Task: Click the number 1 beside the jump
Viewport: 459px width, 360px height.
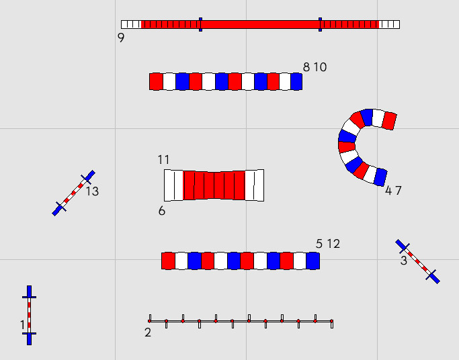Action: coord(22,325)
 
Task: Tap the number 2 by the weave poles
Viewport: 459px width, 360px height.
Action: coord(148,332)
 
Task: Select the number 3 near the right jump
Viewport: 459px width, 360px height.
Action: coord(403,261)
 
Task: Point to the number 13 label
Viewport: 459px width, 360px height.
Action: coord(92,191)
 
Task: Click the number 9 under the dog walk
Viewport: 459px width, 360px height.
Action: coord(121,38)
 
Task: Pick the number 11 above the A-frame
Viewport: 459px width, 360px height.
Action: coord(164,160)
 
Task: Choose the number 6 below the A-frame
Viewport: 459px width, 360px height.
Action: coord(162,211)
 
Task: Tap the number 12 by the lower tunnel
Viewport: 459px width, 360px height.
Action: coord(333,244)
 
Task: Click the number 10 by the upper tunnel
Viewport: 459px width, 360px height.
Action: coord(320,67)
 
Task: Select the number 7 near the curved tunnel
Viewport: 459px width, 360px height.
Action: coord(399,191)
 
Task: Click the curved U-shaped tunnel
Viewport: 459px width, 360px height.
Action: coord(349,144)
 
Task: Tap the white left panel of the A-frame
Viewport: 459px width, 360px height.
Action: coord(173,185)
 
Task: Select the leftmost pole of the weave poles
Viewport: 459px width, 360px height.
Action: coord(149,319)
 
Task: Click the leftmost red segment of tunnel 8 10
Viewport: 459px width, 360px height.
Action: coord(156,81)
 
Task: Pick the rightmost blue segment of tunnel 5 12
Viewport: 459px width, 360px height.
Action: coord(312,261)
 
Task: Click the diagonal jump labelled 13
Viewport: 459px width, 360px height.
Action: coord(73,193)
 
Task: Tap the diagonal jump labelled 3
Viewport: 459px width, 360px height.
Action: coord(417,261)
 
